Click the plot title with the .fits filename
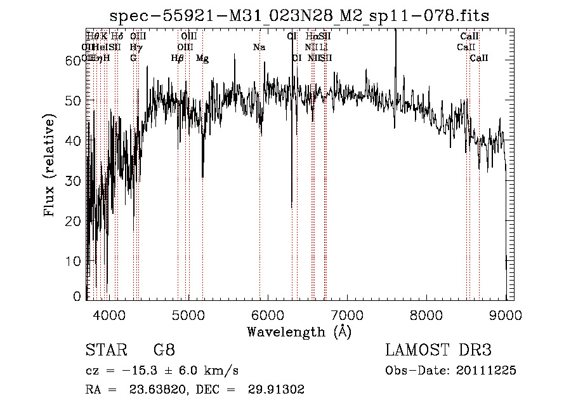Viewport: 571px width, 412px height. pos(299,15)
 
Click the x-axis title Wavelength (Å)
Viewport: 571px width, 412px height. pos(299,331)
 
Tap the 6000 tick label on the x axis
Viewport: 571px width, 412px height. pos(267,314)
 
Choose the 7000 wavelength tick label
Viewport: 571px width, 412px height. pos(347,314)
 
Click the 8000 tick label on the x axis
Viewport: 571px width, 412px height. pos(426,314)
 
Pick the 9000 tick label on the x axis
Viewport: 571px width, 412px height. pos(506,314)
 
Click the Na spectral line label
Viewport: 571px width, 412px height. pos(259,48)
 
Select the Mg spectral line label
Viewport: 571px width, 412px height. pos(202,58)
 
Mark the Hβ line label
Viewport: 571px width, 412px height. pos(178,58)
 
